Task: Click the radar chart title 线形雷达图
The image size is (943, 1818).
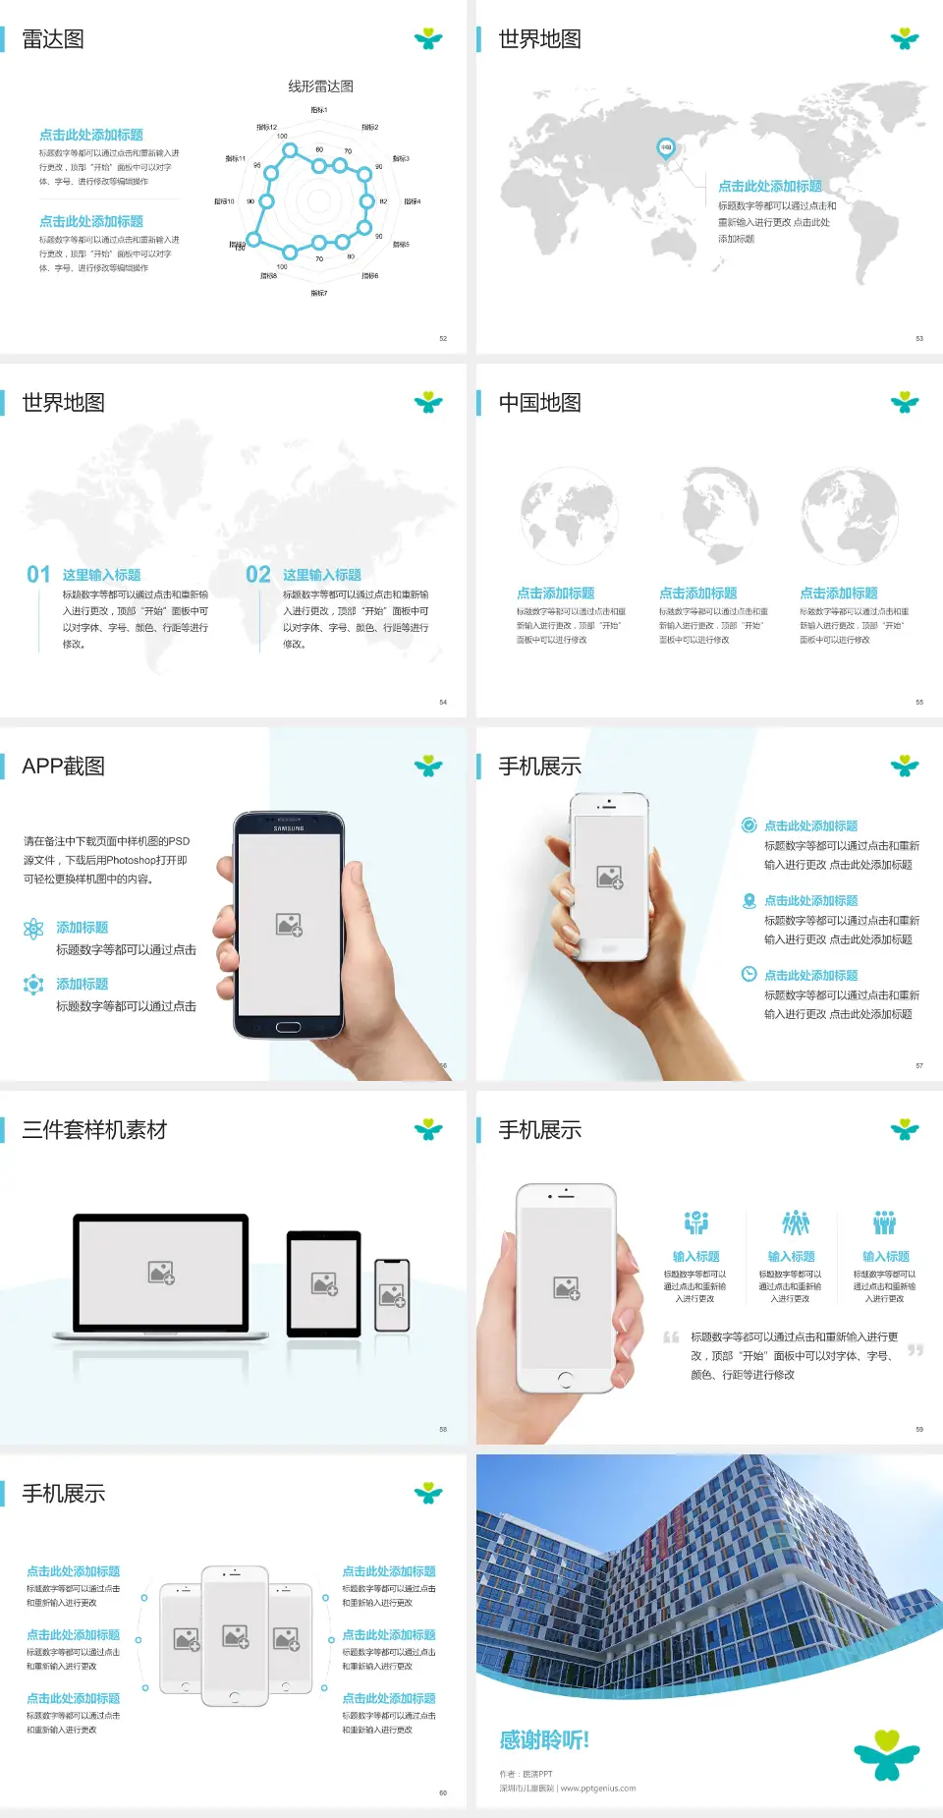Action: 320,86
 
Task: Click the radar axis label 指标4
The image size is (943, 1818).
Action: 412,201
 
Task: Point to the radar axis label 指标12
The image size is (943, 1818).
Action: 266,128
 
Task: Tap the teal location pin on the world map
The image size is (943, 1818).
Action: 665,148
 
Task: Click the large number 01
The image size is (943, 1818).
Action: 38,575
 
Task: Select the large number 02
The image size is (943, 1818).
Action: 258,575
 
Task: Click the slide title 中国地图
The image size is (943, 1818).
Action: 539,403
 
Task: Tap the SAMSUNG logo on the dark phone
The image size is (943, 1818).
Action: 289,828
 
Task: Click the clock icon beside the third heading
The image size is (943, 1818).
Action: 749,974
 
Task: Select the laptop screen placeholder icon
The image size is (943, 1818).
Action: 161,1273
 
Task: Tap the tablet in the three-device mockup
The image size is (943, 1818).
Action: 324,1283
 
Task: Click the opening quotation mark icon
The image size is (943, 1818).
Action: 671,1337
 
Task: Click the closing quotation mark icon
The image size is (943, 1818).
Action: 915,1350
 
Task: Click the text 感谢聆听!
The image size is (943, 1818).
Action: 544,1740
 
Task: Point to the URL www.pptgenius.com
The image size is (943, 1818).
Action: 598,1789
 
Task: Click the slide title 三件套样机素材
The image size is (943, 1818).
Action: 94,1130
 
